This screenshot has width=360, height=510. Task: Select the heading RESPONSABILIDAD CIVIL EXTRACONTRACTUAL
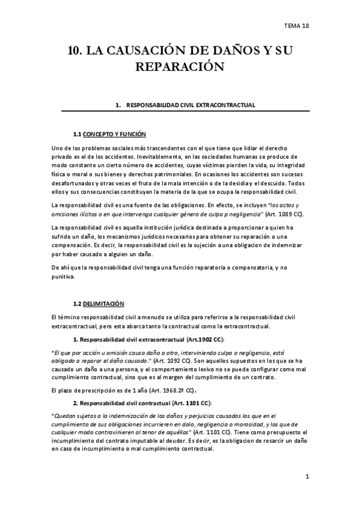pos(191,105)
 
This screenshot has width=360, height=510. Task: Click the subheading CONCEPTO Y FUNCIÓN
pos(114,134)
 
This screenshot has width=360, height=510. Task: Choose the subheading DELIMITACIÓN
pos(104,304)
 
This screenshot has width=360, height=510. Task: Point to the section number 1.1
pos(76,134)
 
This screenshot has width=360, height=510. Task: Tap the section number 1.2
pos(76,304)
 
